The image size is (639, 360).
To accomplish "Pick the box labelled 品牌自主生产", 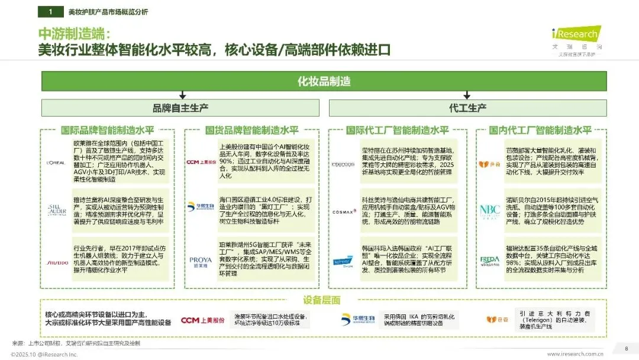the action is tap(180, 108).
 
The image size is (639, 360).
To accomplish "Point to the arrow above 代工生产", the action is tap(467, 94).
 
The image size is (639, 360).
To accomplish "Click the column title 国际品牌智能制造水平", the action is tap(106, 130).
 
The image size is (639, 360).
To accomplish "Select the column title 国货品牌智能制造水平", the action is tap(251, 130).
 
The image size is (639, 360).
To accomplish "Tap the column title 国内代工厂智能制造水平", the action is tap(540, 130).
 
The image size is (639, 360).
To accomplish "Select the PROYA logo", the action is tap(200, 261).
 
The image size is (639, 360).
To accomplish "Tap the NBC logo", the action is tap(489, 210).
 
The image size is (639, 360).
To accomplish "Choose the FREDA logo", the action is tap(489, 261).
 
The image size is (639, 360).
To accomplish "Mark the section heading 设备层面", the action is tap(322, 300).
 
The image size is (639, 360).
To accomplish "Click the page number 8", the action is tap(626, 348).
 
